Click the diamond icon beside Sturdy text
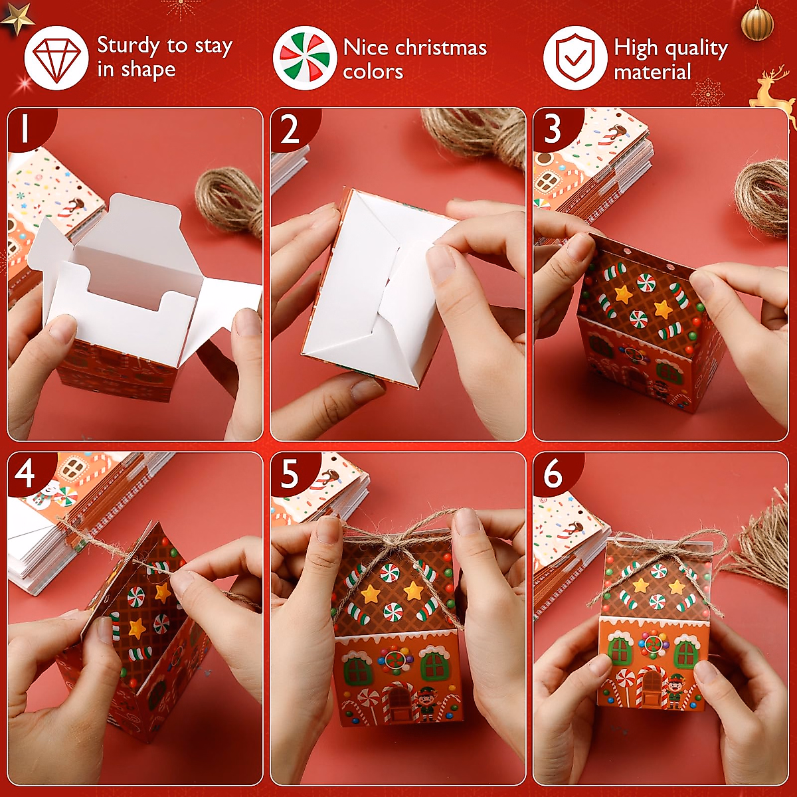click(56, 58)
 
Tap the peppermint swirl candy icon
click(305, 58)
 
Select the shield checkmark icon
click(575, 58)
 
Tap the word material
click(652, 72)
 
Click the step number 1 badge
click(27, 128)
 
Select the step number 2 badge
click(291, 129)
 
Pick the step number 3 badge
click(553, 129)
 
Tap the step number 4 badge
click(27, 474)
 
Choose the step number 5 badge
click(290, 474)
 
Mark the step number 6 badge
click(553, 474)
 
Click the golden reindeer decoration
click(774, 88)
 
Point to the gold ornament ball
click(757, 22)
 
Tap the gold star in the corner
click(17, 17)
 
